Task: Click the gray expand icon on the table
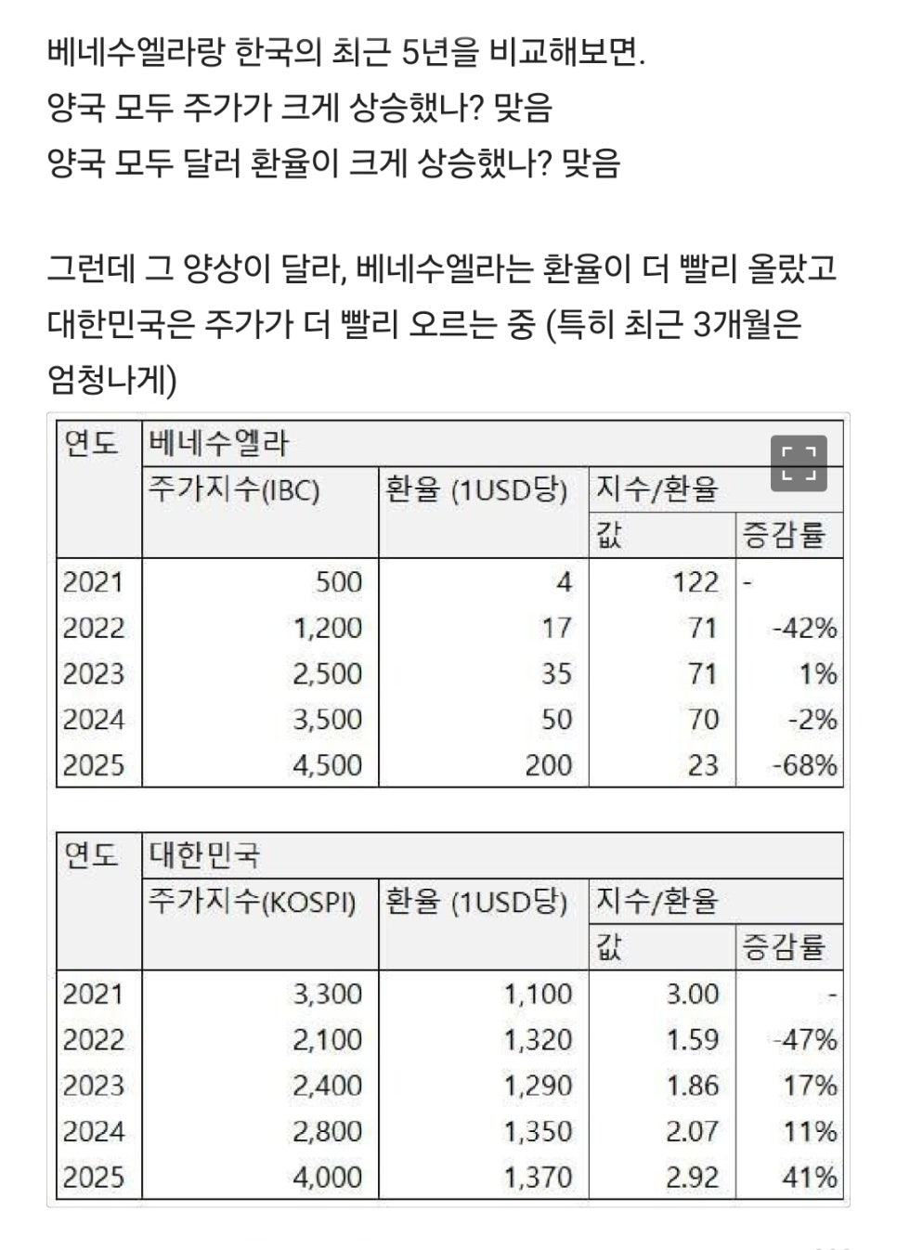pyautogui.click(x=799, y=463)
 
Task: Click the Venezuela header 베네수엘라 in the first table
pyautogui.click(x=218, y=444)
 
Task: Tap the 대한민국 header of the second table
pyautogui.click(x=204, y=855)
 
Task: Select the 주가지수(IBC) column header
pyautogui.click(x=234, y=490)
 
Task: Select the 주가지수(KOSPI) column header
pyautogui.click(x=253, y=902)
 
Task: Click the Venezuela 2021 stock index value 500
pyautogui.click(x=339, y=582)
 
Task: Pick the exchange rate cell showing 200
pyautogui.click(x=549, y=765)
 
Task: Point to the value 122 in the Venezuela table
pyautogui.click(x=695, y=582)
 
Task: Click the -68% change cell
pyautogui.click(x=804, y=765)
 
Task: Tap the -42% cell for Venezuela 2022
pyautogui.click(x=804, y=628)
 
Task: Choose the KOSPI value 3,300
pyautogui.click(x=328, y=994)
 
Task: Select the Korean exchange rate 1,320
pyautogui.click(x=538, y=1039)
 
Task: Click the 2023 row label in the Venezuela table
pyautogui.click(x=93, y=673)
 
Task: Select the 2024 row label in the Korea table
pyautogui.click(x=93, y=1131)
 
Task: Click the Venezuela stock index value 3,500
pyautogui.click(x=328, y=720)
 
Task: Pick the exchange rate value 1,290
pyautogui.click(x=538, y=1086)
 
